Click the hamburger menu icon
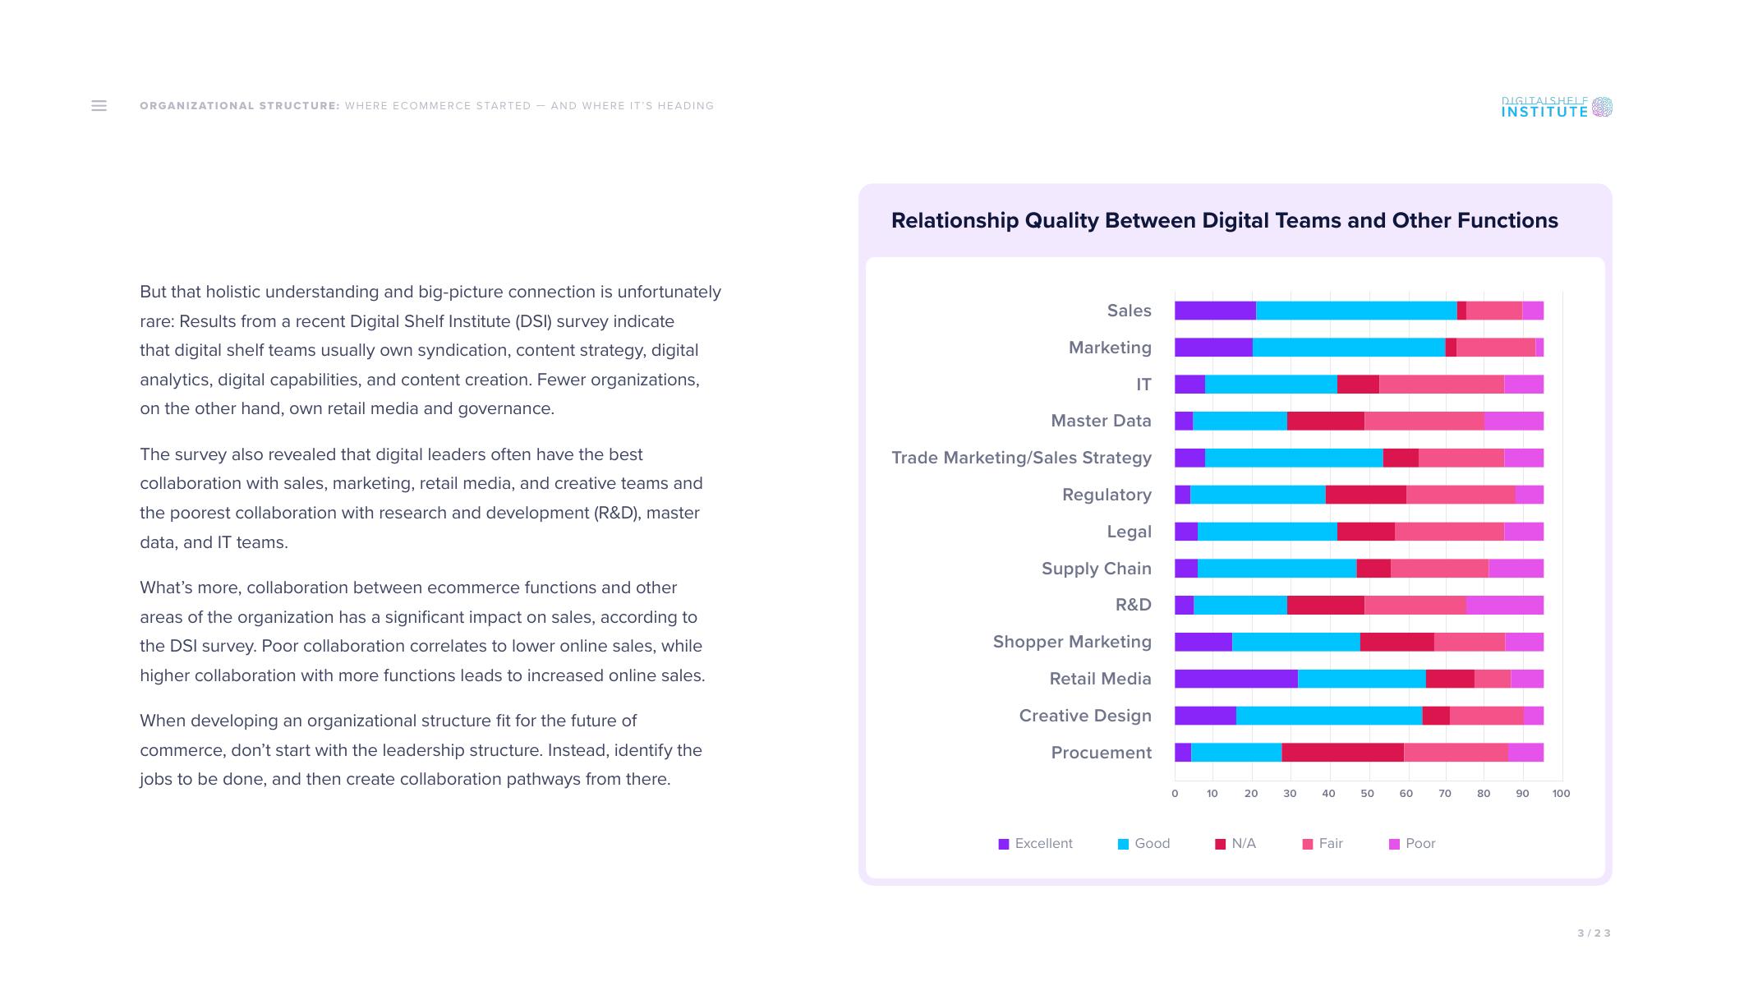pos(99,106)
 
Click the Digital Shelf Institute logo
pos(1556,107)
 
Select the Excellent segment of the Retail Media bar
pos(1235,679)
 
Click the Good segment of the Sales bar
pos(1355,311)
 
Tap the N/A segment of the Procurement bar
pos(1342,753)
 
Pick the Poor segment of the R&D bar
pos(1504,606)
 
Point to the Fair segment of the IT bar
pos(1441,385)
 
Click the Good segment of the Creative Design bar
pos(1328,716)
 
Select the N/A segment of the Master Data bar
pos(1325,422)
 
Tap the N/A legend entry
pos(1235,844)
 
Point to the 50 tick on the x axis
pos(1367,794)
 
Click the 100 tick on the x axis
pos(1561,794)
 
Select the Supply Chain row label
pos(1096,569)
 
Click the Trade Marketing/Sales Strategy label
pos(1021,458)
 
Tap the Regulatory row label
pos(1107,495)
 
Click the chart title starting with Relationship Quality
pos(1224,220)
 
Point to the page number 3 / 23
pos(1594,933)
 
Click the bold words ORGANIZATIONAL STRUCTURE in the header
pos(239,106)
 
